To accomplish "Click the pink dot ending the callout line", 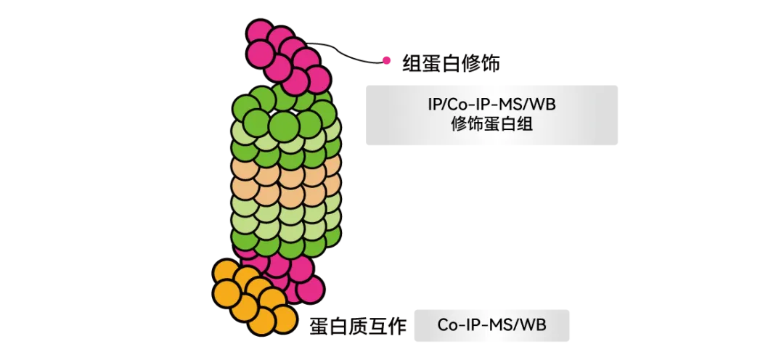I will [386, 61].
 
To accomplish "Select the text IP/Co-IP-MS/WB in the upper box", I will [491, 105].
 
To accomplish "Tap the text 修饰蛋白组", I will [491, 123].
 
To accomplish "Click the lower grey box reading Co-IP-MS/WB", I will [491, 325].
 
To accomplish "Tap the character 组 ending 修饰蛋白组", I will [525, 123].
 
